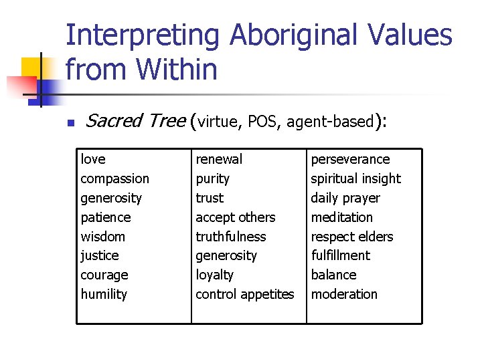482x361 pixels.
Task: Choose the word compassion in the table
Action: click(x=114, y=178)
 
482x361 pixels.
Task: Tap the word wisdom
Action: click(x=102, y=237)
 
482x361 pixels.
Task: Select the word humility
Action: click(x=104, y=294)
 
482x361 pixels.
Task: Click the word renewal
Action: click(x=219, y=159)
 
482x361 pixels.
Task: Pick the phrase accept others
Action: click(x=235, y=217)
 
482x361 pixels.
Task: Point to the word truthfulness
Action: click(x=230, y=237)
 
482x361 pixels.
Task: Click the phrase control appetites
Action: click(x=244, y=294)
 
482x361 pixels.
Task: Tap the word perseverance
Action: click(x=349, y=159)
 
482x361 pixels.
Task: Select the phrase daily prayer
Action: click(x=345, y=198)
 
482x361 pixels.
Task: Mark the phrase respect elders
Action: click(x=351, y=237)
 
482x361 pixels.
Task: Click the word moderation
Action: click(x=343, y=294)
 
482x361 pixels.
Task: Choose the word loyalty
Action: click(x=214, y=275)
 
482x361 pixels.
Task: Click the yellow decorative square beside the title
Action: click(x=33, y=67)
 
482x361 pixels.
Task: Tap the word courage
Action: click(x=104, y=275)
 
